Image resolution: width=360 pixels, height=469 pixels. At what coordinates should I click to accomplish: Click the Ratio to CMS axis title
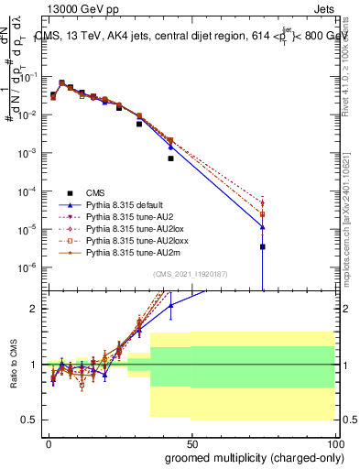[14, 365]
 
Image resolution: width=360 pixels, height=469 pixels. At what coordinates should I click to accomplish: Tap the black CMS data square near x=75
[263, 246]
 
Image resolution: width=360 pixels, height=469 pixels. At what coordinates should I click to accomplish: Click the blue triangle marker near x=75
[263, 226]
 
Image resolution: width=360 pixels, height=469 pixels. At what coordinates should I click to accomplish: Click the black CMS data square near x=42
[170, 158]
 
